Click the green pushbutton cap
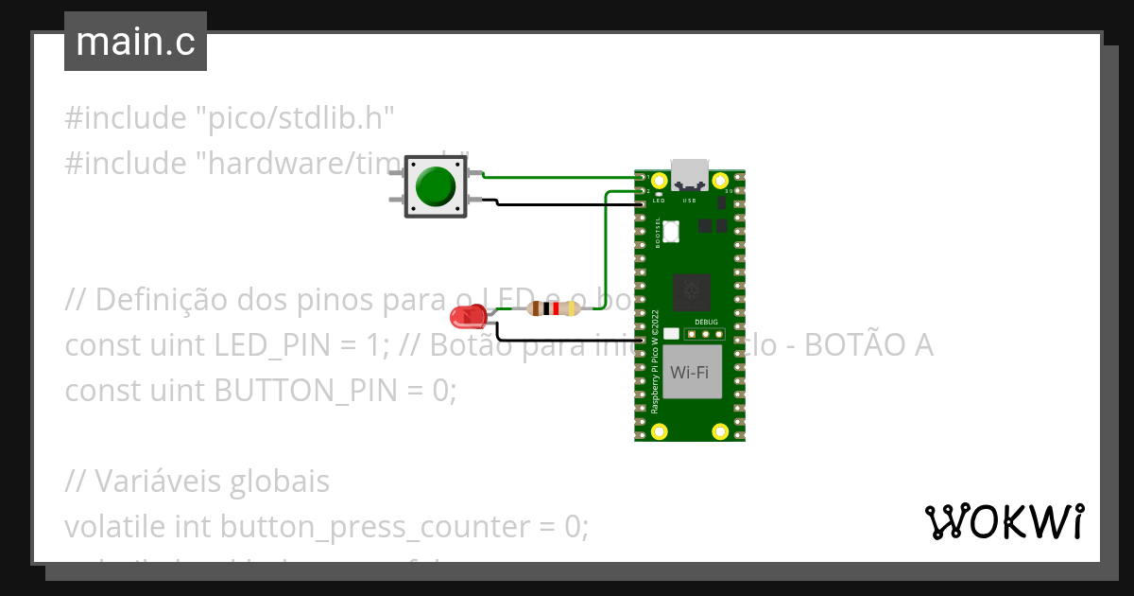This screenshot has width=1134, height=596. tap(436, 186)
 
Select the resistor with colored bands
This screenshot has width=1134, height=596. tap(555, 308)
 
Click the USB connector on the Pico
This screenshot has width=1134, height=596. tap(689, 175)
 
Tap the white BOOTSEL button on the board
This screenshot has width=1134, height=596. tap(671, 230)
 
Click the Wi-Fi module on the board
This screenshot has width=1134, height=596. tap(690, 372)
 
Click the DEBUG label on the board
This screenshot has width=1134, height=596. tap(706, 322)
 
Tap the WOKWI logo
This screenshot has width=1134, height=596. tap(1003, 522)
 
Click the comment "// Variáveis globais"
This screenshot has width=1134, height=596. tap(197, 482)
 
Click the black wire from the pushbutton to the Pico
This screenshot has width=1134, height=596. tap(567, 204)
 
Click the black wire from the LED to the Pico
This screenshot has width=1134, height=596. tap(567, 340)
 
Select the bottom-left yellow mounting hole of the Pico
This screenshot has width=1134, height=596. tap(660, 432)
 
